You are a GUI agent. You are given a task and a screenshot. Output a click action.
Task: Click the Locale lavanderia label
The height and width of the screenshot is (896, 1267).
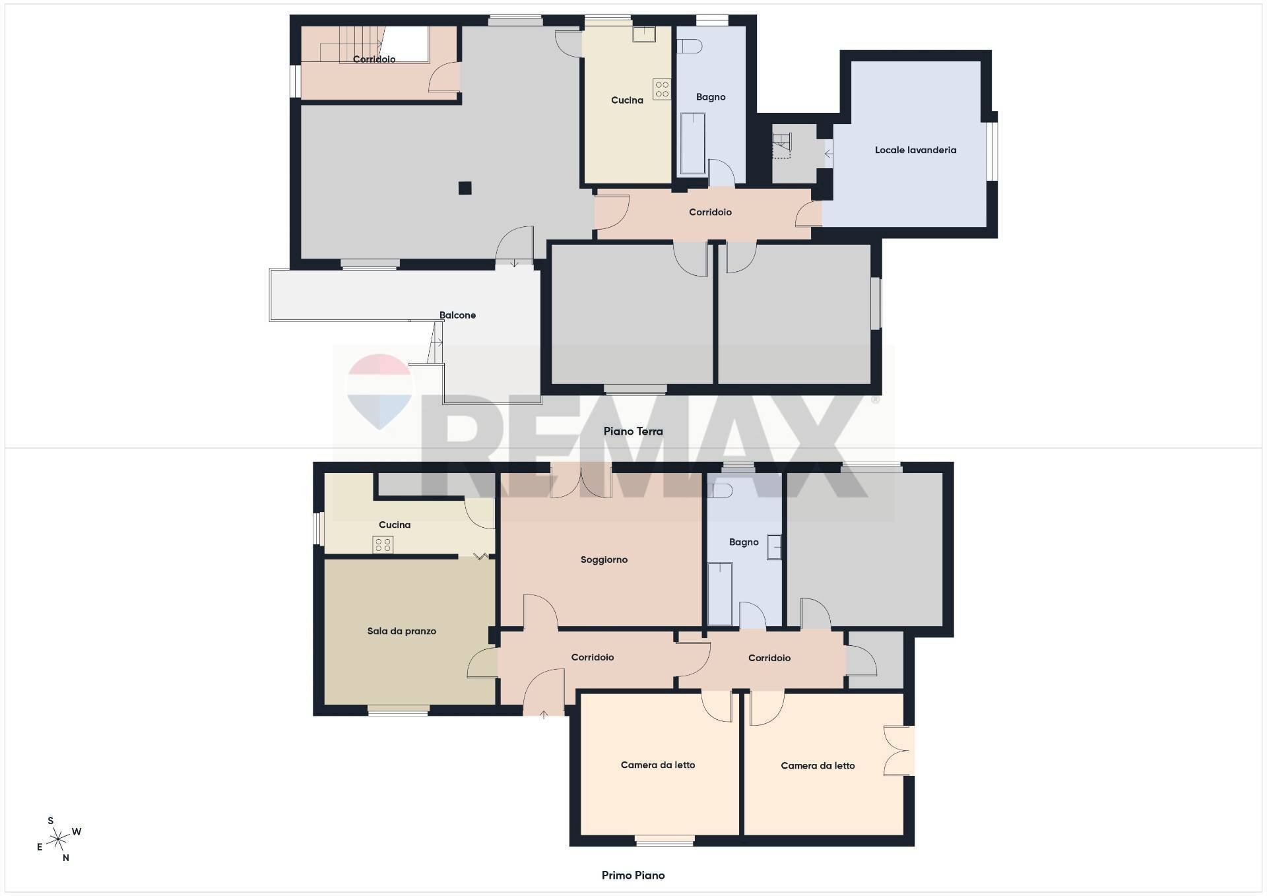[915, 150]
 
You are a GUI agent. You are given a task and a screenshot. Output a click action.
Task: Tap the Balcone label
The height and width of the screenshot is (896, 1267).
[457, 315]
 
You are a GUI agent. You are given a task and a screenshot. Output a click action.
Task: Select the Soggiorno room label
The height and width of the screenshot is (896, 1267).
[604, 560]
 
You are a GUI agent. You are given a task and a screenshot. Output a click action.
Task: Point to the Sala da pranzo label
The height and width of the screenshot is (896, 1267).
[401, 631]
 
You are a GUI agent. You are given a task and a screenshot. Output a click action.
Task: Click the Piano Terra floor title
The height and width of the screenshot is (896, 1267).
[633, 432]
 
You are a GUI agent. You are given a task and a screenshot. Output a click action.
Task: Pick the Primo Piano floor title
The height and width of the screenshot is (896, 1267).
[633, 876]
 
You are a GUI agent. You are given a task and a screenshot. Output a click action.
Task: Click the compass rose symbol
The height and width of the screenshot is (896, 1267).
[59, 839]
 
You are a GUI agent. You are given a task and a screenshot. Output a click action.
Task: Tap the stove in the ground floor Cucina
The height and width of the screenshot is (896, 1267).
[662, 90]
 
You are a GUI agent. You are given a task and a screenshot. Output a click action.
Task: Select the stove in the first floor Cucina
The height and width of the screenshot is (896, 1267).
[383, 544]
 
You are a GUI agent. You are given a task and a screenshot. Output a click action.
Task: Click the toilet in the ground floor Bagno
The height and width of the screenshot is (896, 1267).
[690, 46]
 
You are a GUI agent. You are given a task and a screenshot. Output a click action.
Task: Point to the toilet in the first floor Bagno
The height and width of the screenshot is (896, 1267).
[720, 491]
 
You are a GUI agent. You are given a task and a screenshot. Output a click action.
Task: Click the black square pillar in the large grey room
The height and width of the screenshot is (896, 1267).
[465, 188]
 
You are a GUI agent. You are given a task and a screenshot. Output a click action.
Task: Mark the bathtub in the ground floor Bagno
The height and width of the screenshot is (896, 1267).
[692, 144]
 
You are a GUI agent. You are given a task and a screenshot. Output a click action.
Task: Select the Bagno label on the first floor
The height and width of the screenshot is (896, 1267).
[744, 542]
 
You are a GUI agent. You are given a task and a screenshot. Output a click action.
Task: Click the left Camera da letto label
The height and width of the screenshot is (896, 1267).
[657, 765]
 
